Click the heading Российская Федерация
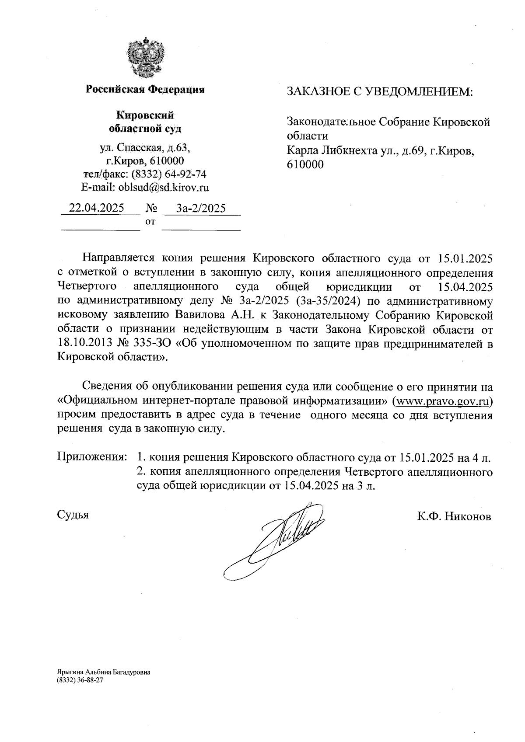[145, 90]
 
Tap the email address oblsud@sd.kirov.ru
[164, 188]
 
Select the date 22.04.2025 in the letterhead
[97, 208]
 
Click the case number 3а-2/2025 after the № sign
[201, 208]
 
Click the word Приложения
[92, 457]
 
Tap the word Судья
[73, 515]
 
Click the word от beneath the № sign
[150, 222]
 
